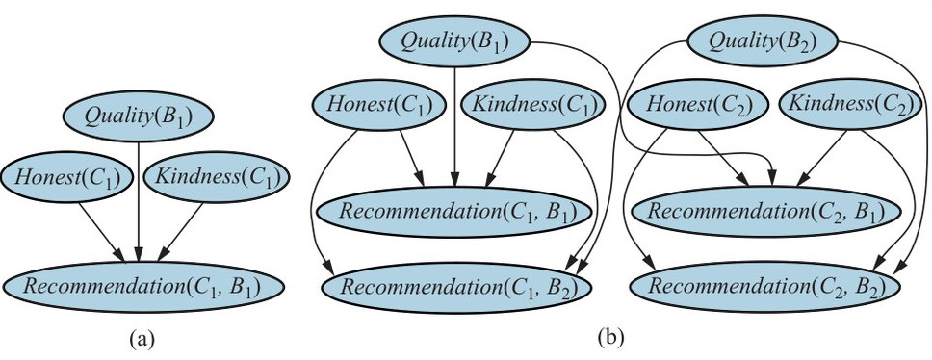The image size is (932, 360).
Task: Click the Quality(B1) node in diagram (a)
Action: (x=138, y=116)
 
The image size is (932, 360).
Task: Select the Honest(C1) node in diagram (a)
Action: (x=65, y=176)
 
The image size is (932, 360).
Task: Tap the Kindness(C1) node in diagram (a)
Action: (x=217, y=176)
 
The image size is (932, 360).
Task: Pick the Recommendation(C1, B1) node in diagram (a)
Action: (x=142, y=287)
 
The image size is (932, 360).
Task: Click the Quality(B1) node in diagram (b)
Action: (x=454, y=41)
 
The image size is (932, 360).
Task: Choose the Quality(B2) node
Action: (x=763, y=41)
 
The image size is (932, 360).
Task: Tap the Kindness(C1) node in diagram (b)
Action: (x=533, y=104)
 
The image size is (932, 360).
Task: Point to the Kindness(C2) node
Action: (x=849, y=104)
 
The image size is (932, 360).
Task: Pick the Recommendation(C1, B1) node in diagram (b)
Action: (x=454, y=212)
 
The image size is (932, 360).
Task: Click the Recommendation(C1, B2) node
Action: (x=456, y=287)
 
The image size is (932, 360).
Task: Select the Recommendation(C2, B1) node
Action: (x=764, y=212)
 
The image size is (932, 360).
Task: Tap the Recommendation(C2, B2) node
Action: (x=765, y=287)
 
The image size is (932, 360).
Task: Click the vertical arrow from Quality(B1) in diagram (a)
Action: (x=138, y=202)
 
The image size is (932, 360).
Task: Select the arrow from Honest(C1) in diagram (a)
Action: (x=102, y=232)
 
